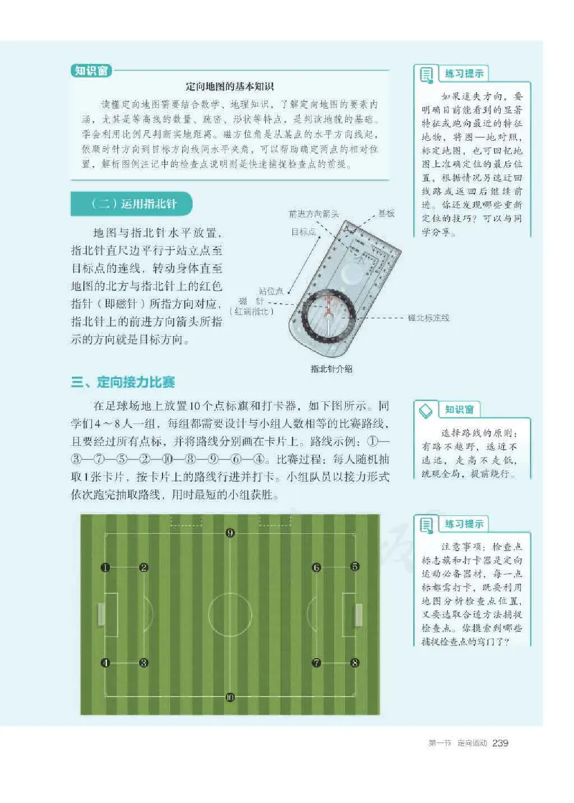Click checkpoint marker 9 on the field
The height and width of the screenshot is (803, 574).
point(230,533)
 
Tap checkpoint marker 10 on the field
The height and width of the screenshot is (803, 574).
point(230,697)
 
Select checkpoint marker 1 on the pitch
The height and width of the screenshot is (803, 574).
point(105,567)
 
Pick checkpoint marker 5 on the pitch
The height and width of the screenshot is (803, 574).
point(354,567)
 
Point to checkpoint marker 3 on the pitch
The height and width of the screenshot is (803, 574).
point(143,662)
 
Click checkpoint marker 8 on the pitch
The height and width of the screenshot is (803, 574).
point(354,662)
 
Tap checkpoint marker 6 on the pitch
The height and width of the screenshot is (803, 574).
point(316,567)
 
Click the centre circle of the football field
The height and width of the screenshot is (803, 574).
point(230,615)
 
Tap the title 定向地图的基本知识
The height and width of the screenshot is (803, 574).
point(230,85)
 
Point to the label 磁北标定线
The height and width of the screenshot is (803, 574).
point(428,317)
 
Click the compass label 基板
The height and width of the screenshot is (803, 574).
point(387,213)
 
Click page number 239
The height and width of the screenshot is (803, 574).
point(501,743)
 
